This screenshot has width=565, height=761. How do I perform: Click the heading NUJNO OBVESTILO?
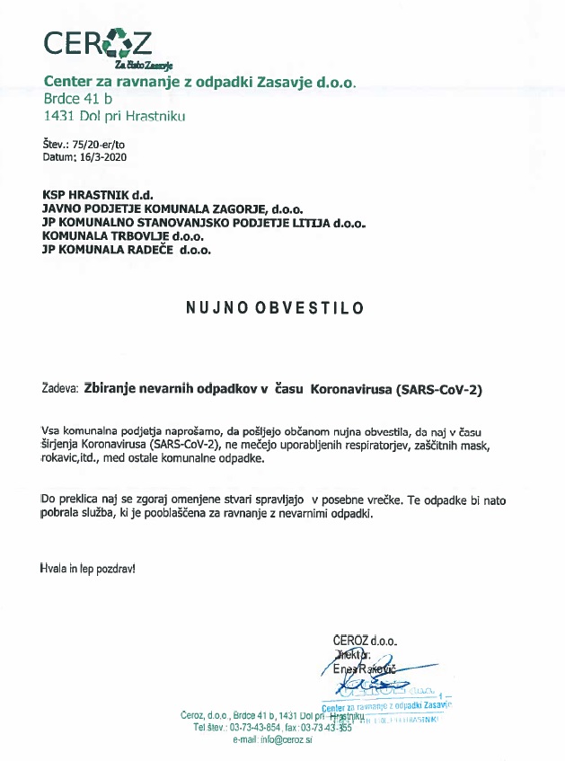tap(275, 307)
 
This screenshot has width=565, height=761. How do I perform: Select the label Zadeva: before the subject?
tap(59, 390)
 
